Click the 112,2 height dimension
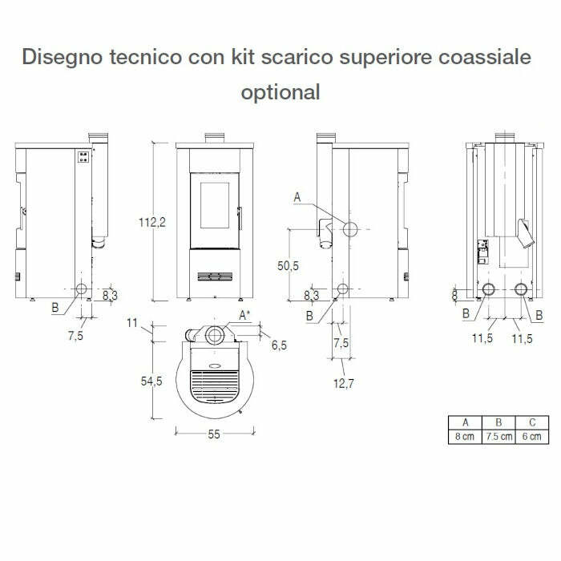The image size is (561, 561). coord(151,222)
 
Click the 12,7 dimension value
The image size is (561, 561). coord(343,384)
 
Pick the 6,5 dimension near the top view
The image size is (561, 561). coord(279,345)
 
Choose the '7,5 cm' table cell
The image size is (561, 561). coord(499,437)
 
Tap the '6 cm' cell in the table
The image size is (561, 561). coord(532,437)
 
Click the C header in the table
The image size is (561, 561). coord(532,422)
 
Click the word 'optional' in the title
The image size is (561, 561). coord(280,91)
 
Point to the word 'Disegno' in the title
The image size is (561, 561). coord(58,57)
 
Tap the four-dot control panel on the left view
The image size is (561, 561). coord(82,157)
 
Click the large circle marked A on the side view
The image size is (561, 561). coord(351,229)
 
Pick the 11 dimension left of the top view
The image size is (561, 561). coord(133,324)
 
